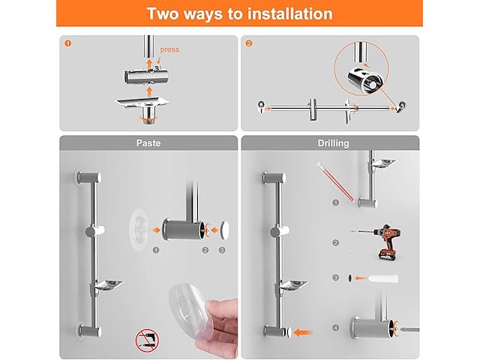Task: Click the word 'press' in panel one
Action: (x=169, y=49)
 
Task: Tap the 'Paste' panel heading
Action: (x=148, y=143)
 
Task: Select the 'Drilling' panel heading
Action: (x=333, y=143)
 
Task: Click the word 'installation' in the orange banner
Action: (x=290, y=13)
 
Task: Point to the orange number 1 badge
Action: (x=68, y=43)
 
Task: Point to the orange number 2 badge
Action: (x=249, y=43)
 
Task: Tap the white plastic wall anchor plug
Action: (x=383, y=278)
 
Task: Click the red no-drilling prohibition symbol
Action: (x=147, y=340)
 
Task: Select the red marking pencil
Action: (x=335, y=181)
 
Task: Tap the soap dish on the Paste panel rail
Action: (x=108, y=285)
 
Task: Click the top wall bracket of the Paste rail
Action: (x=88, y=178)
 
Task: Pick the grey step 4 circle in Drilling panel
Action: (x=336, y=328)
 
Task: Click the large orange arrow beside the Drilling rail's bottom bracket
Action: (x=302, y=332)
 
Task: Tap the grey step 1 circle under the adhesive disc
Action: (x=156, y=250)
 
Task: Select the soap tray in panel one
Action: (x=142, y=103)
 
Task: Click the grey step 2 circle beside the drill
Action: (x=336, y=243)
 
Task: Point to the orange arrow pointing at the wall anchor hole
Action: (x=361, y=278)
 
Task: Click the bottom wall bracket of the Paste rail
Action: (x=88, y=331)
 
